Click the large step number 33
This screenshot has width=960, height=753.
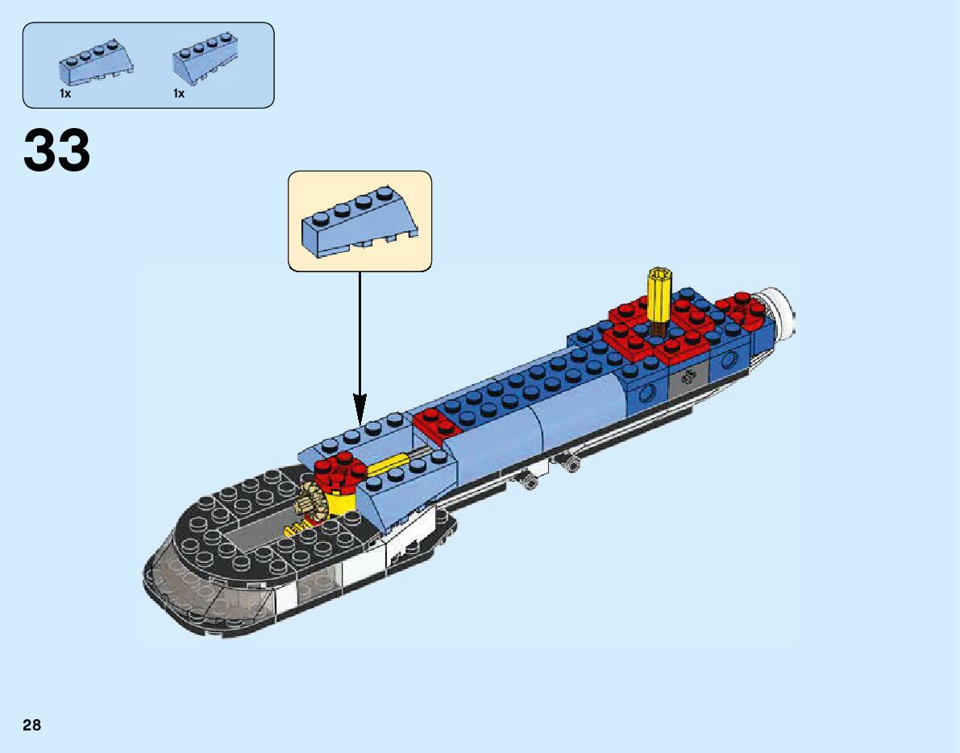tap(57, 151)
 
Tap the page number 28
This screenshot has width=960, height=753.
tap(32, 726)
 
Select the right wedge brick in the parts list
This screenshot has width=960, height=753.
tap(206, 65)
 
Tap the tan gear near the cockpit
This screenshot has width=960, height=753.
tap(313, 504)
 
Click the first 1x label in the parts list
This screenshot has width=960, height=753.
tap(65, 94)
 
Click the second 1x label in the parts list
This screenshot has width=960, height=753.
tap(179, 94)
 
